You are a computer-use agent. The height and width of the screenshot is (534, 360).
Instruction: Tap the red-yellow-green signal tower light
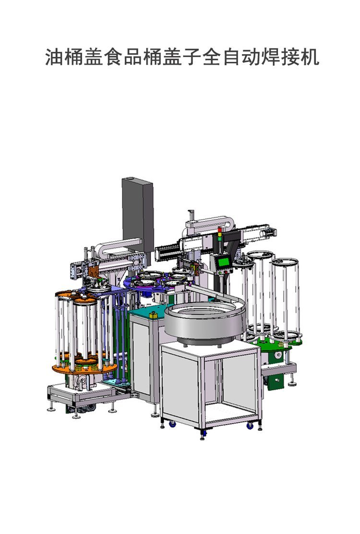[219, 235]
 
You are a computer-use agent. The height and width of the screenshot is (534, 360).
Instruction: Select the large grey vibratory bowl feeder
[204, 322]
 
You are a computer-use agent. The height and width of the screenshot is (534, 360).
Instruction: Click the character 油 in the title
[55, 57]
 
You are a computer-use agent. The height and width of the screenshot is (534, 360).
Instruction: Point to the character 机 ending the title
[310, 57]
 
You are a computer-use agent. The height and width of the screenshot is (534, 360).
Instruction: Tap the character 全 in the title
[212, 57]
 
